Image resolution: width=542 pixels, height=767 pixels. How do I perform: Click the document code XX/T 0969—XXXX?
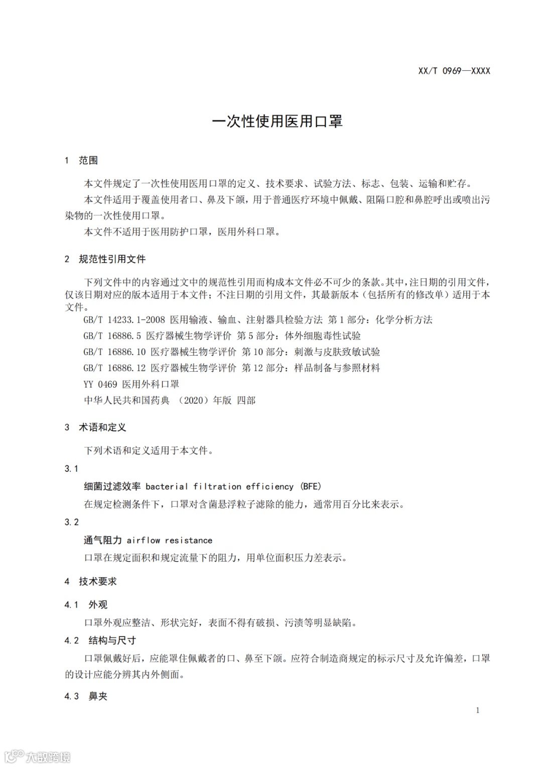(454, 71)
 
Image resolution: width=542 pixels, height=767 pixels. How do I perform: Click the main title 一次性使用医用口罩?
(277, 122)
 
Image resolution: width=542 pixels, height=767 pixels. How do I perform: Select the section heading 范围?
(88, 160)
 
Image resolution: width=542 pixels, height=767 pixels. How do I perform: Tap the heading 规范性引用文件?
(112, 259)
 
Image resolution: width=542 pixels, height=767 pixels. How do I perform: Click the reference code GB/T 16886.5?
(112, 336)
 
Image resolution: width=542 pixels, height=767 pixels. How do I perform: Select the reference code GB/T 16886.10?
(114, 352)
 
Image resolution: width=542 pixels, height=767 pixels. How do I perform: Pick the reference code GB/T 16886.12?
(114, 368)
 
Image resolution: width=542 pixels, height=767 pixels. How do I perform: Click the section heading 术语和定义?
(102, 427)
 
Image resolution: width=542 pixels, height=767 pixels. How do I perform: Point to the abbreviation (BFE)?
(311, 486)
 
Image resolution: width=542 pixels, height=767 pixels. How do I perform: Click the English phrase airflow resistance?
(170, 540)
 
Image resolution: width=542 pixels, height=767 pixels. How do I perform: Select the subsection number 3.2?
(72, 522)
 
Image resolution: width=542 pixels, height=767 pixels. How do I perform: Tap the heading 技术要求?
(97, 581)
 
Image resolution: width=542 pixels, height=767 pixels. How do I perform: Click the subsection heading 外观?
(98, 605)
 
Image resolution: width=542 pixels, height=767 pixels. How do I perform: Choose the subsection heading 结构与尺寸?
(112, 640)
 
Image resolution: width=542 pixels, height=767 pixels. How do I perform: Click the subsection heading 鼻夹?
(98, 696)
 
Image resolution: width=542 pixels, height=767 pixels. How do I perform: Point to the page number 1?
(477, 710)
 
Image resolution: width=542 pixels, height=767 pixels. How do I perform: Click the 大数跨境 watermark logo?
(38, 756)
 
